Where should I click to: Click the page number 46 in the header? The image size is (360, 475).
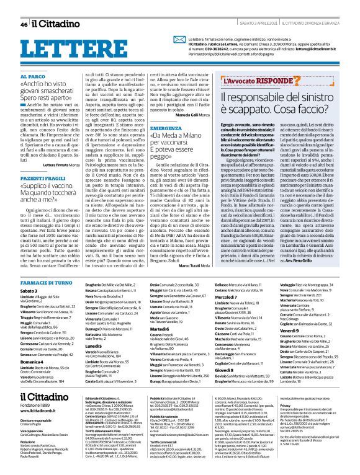pos(23,24)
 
